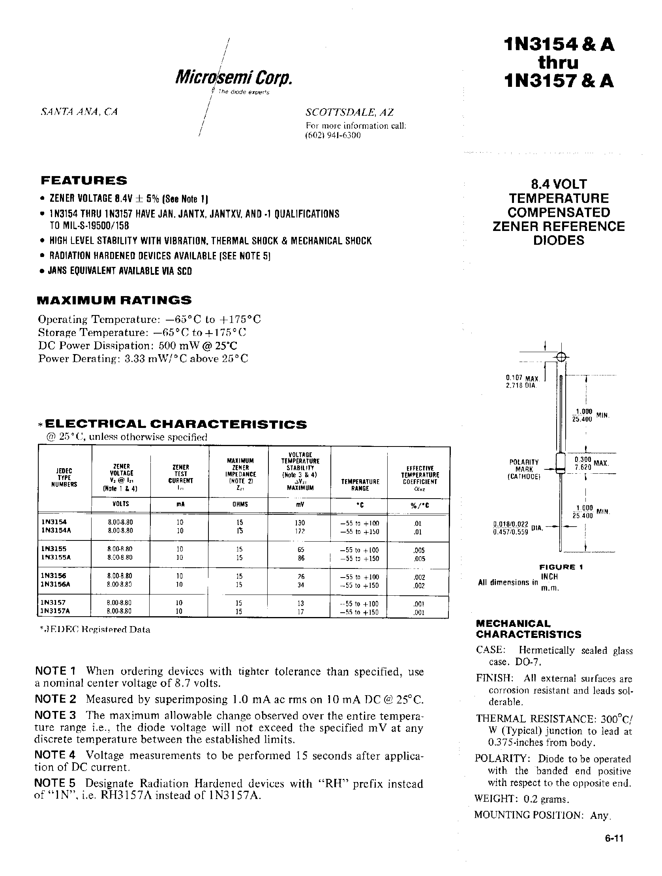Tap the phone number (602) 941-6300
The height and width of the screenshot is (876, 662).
333,135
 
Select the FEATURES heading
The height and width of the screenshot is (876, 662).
84,180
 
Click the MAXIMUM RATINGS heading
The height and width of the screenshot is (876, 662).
114,300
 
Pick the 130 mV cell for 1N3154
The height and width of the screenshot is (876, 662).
300,523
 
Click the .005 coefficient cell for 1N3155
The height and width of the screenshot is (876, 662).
419,550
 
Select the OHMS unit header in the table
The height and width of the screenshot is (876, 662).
238,505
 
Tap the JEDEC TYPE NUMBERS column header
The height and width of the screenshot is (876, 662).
64,477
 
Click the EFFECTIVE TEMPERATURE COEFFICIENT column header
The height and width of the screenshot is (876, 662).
420,478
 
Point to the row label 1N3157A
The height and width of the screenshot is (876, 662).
56,611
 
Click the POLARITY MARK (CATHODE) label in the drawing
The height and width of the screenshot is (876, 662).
524,469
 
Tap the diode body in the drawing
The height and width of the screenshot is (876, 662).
560,462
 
